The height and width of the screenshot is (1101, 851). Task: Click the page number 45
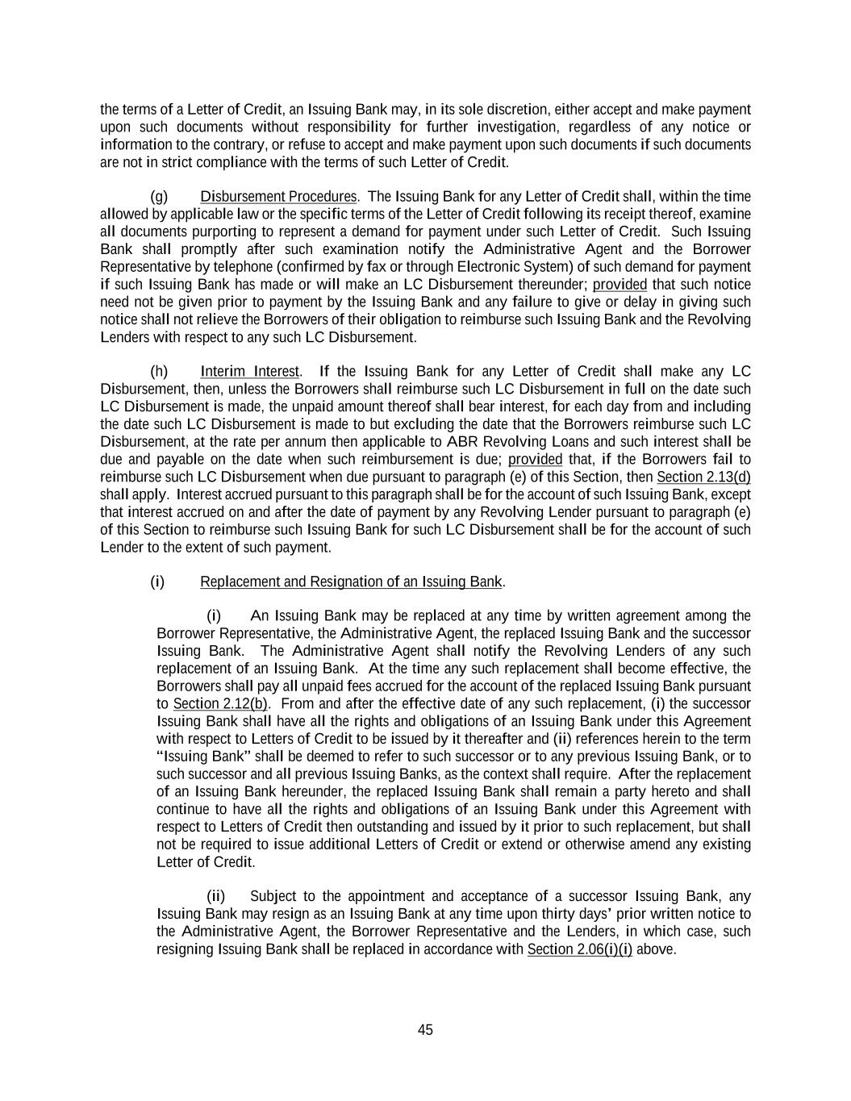425,1030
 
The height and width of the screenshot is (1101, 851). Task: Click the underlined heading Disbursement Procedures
278,197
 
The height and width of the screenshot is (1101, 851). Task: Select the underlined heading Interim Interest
250,372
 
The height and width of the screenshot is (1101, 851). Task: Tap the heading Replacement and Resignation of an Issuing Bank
351,582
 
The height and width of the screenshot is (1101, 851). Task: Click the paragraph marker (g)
159,197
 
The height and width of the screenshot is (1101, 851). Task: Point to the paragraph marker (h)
159,372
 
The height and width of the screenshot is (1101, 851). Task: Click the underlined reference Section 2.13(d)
703,477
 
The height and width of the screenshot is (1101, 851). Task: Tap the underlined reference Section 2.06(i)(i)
580,949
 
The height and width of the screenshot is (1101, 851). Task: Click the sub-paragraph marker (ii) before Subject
216,897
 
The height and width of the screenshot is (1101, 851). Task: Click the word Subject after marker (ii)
273,897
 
